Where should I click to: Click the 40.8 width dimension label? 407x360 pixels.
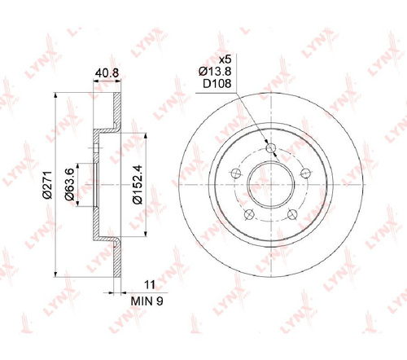[x=107, y=73]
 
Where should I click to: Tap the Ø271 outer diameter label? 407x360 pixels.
[x=47, y=185]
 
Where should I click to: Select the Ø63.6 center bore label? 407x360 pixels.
[x=70, y=184]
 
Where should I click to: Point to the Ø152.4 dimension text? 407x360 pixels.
[x=138, y=184]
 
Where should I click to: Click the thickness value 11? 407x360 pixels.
[x=150, y=284]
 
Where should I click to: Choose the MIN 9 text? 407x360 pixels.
[x=147, y=301]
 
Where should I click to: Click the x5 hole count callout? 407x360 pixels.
[x=225, y=59]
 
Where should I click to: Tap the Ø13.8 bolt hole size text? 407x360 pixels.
[x=215, y=72]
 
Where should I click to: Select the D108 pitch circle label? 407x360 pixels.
[x=217, y=84]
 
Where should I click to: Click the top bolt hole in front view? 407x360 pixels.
[x=271, y=148]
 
